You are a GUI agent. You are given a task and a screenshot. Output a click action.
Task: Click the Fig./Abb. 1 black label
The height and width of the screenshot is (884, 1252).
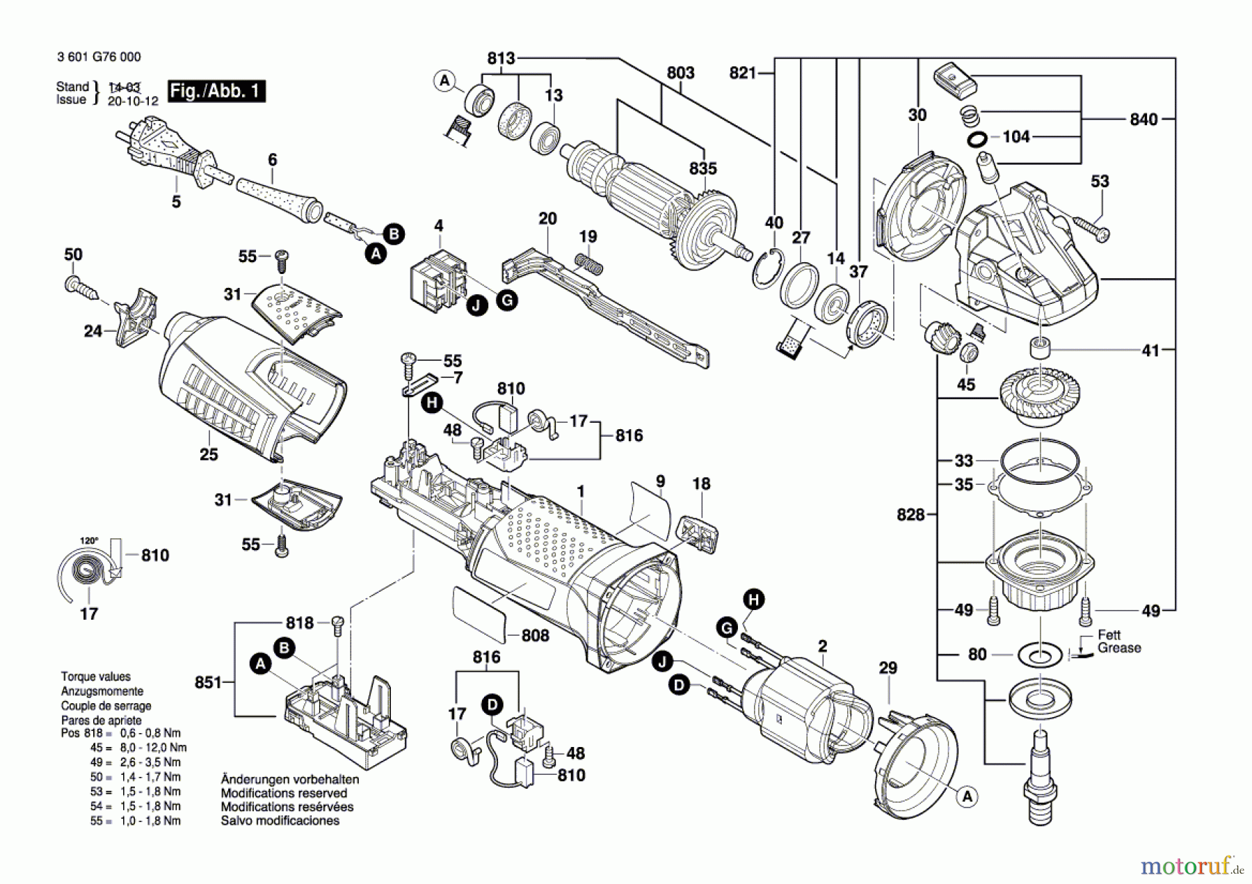(216, 91)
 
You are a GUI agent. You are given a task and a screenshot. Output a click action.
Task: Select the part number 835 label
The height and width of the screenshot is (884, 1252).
(703, 169)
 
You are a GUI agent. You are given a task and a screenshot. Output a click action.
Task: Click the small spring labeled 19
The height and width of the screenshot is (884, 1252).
(588, 263)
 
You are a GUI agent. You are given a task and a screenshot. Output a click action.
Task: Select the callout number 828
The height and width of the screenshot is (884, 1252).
(910, 515)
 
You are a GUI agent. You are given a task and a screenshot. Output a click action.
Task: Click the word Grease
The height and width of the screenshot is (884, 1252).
(1119, 648)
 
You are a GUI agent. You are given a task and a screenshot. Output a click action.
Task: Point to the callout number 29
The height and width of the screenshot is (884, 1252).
(888, 668)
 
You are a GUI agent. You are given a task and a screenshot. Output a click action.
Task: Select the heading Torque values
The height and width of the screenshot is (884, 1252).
(95, 676)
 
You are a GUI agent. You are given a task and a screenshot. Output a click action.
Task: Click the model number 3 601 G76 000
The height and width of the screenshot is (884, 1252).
(99, 57)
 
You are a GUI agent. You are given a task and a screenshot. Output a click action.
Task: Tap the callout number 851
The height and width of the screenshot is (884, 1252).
(208, 682)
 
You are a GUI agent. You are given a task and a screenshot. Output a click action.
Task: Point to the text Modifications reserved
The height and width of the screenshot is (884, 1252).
(284, 793)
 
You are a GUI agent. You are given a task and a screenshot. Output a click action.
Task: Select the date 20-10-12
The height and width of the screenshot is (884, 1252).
(133, 101)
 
